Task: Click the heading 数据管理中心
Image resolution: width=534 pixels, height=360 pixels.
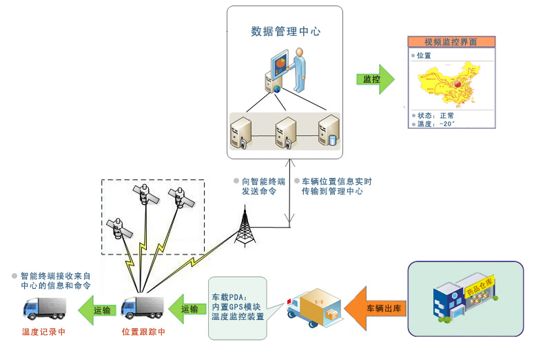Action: (285, 32)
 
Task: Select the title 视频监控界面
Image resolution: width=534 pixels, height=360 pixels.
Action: (451, 42)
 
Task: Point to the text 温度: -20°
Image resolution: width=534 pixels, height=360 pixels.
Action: (436, 124)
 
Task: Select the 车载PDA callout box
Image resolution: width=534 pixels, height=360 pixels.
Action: (238, 307)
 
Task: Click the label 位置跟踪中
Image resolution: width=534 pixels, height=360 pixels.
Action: (144, 332)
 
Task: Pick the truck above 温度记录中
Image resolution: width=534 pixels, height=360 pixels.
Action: (44, 308)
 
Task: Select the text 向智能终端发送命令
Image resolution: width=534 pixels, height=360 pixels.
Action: (263, 186)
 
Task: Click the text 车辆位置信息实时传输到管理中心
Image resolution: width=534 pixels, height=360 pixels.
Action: (337, 186)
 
